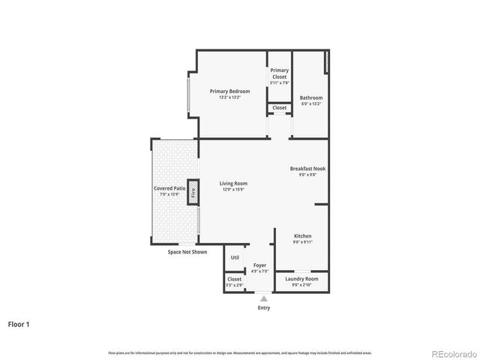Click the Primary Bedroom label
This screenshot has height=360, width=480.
(x=229, y=91)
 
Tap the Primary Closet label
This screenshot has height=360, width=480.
(x=279, y=73)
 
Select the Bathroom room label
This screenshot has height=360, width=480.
(x=311, y=97)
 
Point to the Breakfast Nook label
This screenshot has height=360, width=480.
(x=307, y=169)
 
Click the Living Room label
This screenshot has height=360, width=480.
(x=233, y=183)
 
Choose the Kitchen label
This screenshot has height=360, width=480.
(x=302, y=235)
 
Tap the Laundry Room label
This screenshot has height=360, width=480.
(x=302, y=278)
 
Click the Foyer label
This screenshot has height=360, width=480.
(x=259, y=265)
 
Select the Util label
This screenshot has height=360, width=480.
(x=235, y=257)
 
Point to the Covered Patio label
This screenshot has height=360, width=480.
(x=169, y=188)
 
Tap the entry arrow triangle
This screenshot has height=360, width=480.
(x=263, y=298)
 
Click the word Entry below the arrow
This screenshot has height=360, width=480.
(x=263, y=307)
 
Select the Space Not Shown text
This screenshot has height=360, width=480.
(x=187, y=252)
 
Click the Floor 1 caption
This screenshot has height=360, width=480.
(x=19, y=325)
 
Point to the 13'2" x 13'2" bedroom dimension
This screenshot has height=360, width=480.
(x=229, y=97)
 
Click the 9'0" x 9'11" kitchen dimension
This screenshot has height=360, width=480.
(x=302, y=242)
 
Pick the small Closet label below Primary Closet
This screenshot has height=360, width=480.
(x=279, y=108)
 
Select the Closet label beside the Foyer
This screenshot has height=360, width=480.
(x=234, y=279)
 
